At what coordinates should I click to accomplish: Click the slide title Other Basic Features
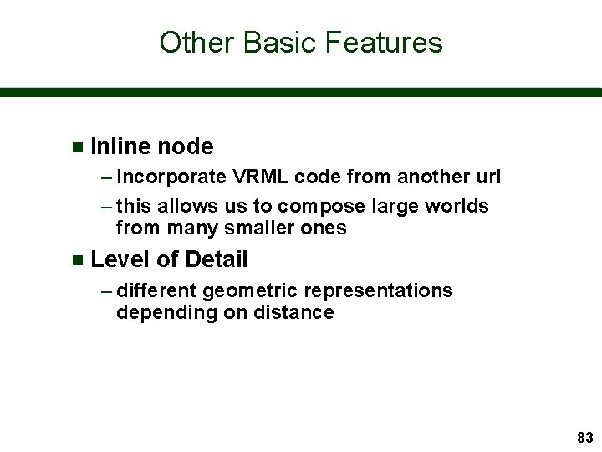coord(300,42)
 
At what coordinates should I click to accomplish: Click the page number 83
coord(584,437)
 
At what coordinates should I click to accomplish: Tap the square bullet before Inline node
coord(78,147)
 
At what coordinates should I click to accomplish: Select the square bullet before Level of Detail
coord(78,260)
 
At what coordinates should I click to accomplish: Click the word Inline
coord(118,146)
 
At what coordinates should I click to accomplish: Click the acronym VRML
coord(257,177)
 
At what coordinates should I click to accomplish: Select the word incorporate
coord(171,177)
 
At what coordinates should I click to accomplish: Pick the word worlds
coord(459,206)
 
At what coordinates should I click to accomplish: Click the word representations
coord(381,290)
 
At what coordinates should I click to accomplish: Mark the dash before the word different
coord(107,290)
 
